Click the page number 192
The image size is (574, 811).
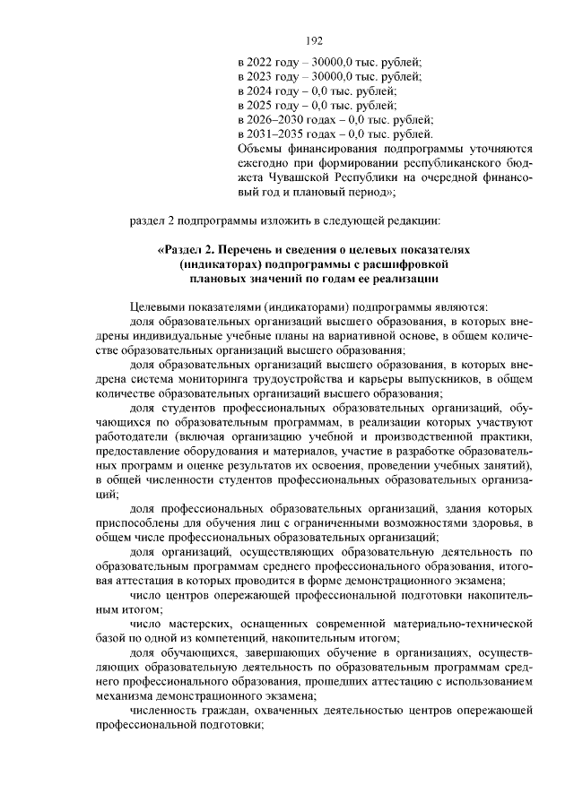point(314,40)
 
